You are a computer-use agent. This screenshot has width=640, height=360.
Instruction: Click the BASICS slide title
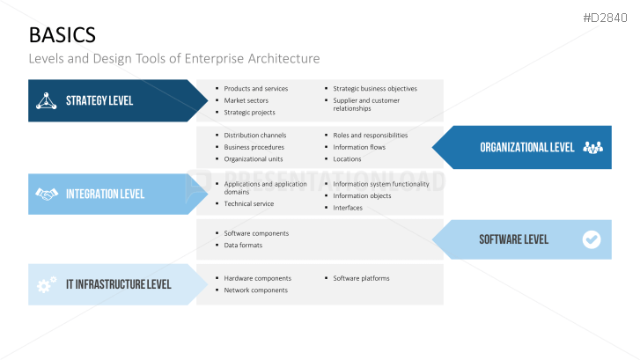(62, 34)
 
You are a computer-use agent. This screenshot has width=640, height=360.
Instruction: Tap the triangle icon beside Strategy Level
(46, 100)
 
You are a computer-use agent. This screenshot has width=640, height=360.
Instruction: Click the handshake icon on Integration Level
(46, 194)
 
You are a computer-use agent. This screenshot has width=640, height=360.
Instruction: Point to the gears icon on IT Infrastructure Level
(46, 284)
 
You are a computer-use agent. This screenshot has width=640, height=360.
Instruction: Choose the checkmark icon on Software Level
(592, 239)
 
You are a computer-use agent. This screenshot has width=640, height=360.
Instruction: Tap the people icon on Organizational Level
(592, 147)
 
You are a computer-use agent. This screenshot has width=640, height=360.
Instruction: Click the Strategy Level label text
(99, 100)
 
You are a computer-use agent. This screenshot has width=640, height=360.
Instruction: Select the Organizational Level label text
(526, 147)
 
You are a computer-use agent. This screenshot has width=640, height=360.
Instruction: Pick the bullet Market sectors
(246, 100)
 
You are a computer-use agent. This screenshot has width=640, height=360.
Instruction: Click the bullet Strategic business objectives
(374, 88)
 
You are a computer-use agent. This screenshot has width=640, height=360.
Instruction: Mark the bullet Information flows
(359, 147)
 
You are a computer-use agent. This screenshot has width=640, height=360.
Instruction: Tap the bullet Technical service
(249, 203)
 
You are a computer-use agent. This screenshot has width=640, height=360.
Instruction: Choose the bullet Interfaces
(348, 208)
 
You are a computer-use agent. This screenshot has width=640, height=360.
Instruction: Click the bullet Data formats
(243, 245)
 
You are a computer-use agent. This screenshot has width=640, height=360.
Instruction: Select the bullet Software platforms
(361, 278)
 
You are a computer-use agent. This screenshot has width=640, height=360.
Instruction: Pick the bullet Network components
(255, 290)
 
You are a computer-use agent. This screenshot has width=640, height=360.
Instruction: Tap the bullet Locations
(347, 159)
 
